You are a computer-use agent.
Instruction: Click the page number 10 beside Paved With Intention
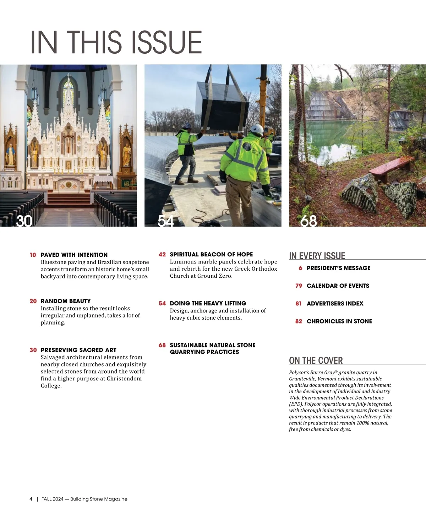click(x=33, y=255)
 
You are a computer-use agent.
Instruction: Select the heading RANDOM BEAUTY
click(x=66, y=301)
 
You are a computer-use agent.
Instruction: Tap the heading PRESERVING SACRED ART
click(x=78, y=350)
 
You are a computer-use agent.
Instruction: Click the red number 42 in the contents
click(x=162, y=255)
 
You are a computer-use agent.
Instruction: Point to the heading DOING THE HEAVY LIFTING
click(x=208, y=303)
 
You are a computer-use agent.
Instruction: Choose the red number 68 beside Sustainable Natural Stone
click(x=162, y=345)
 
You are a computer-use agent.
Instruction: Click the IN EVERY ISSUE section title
click(x=317, y=256)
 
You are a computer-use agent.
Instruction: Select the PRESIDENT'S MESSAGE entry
click(x=338, y=268)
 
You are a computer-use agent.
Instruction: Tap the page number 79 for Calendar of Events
click(x=299, y=286)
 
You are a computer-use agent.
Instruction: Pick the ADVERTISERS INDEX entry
click(x=335, y=304)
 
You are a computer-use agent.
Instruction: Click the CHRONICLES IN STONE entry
click(x=339, y=321)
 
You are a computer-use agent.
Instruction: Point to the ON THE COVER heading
click(x=316, y=361)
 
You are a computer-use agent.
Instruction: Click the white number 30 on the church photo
click(x=24, y=221)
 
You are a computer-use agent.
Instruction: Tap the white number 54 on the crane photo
click(x=165, y=221)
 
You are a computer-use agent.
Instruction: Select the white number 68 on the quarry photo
click(x=308, y=221)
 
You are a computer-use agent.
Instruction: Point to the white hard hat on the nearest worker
click(x=257, y=129)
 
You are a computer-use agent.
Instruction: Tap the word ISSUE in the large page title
click(x=167, y=43)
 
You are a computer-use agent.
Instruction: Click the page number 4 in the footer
click(x=31, y=499)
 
